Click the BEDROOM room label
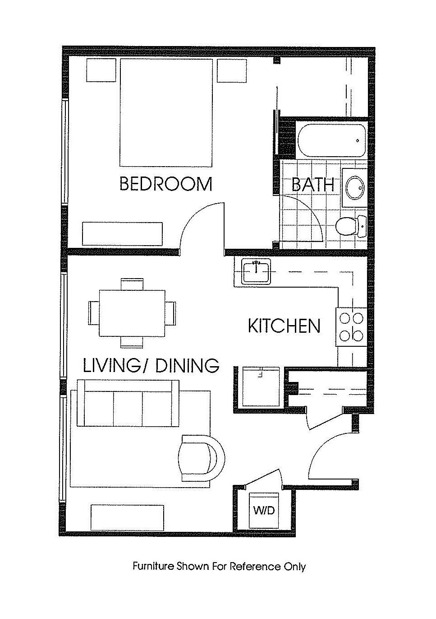[166, 184]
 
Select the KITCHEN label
[284, 326]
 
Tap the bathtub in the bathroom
[332, 141]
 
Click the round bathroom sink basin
[354, 188]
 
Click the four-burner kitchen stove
[351, 327]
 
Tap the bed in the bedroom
[166, 112]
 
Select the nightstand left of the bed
[101, 70]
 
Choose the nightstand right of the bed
[231, 70]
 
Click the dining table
[132, 313]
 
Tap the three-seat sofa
[128, 403]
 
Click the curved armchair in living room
[202, 458]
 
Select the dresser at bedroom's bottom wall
[122, 234]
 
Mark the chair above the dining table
[132, 284]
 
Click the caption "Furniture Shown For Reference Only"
[220, 566]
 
